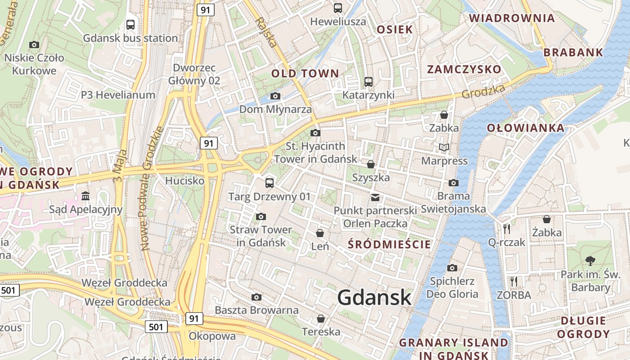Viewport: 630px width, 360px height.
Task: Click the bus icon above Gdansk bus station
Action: (130, 25)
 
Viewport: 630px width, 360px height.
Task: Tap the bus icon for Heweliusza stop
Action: (337, 8)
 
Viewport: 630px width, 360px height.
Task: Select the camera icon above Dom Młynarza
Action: (275, 96)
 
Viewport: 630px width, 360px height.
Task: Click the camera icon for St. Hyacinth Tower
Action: (315, 133)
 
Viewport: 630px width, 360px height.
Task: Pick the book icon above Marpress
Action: (444, 147)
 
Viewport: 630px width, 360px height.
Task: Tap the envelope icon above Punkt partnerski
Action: (375, 197)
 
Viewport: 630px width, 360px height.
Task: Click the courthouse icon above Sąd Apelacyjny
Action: (85, 196)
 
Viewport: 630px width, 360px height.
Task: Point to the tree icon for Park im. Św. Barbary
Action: (590, 261)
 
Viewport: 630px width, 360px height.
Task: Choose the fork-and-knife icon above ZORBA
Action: (514, 282)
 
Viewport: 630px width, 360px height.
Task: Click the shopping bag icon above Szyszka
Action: (371, 164)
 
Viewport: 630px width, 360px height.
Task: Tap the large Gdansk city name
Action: (374, 297)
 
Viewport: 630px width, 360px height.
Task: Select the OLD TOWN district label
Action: (305, 73)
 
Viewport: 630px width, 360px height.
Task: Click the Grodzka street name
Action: (484, 91)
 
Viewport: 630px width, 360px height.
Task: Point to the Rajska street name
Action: (265, 32)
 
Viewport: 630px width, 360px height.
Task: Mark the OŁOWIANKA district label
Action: (526, 128)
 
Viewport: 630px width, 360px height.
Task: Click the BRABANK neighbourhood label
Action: (573, 52)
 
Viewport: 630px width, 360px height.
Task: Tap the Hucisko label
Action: (185, 181)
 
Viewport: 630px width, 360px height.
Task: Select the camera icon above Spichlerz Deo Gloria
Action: (452, 268)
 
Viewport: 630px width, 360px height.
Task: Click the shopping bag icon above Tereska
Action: (321, 319)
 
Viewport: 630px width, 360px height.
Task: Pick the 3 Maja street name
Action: (118, 167)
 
